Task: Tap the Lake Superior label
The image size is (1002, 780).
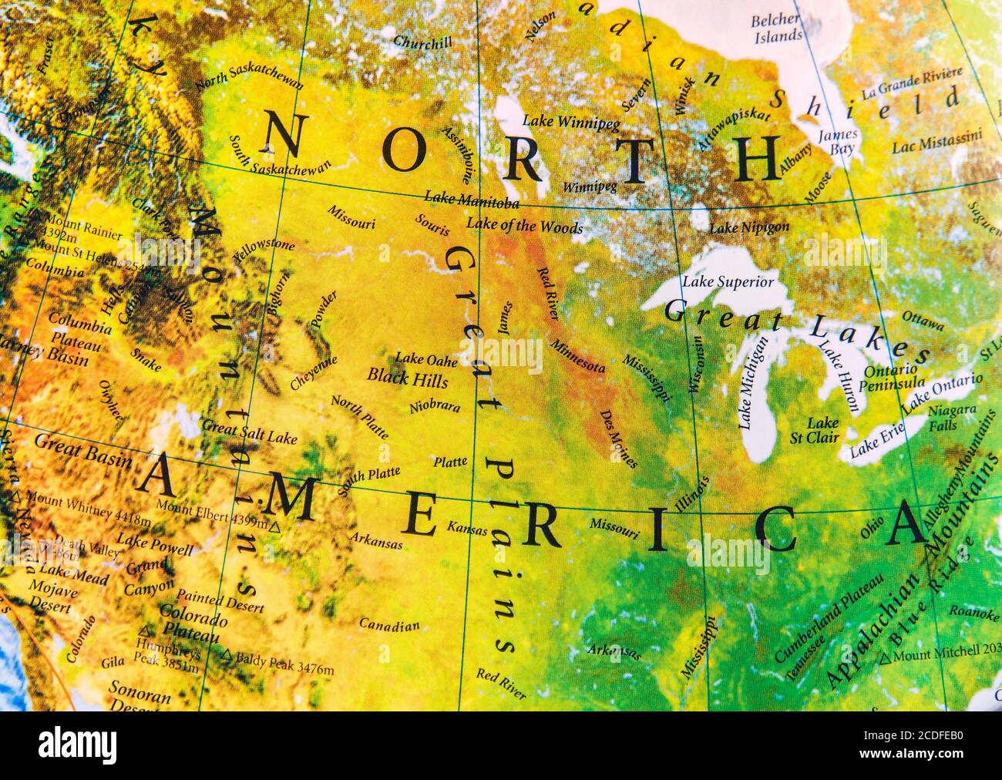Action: pyautogui.click(x=728, y=282)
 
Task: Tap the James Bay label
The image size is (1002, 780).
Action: pyautogui.click(x=837, y=142)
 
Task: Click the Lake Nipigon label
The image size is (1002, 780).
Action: pyautogui.click(x=749, y=227)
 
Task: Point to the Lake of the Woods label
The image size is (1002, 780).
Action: pyautogui.click(x=525, y=226)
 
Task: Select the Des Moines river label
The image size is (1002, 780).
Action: pyautogui.click(x=618, y=439)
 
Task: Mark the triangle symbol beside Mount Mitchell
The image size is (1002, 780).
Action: pyautogui.click(x=886, y=657)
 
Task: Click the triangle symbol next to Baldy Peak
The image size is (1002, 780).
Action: pyautogui.click(x=227, y=655)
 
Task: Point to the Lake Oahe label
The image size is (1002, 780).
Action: pyautogui.click(x=426, y=359)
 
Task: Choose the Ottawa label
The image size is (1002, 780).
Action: pyautogui.click(x=923, y=321)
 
